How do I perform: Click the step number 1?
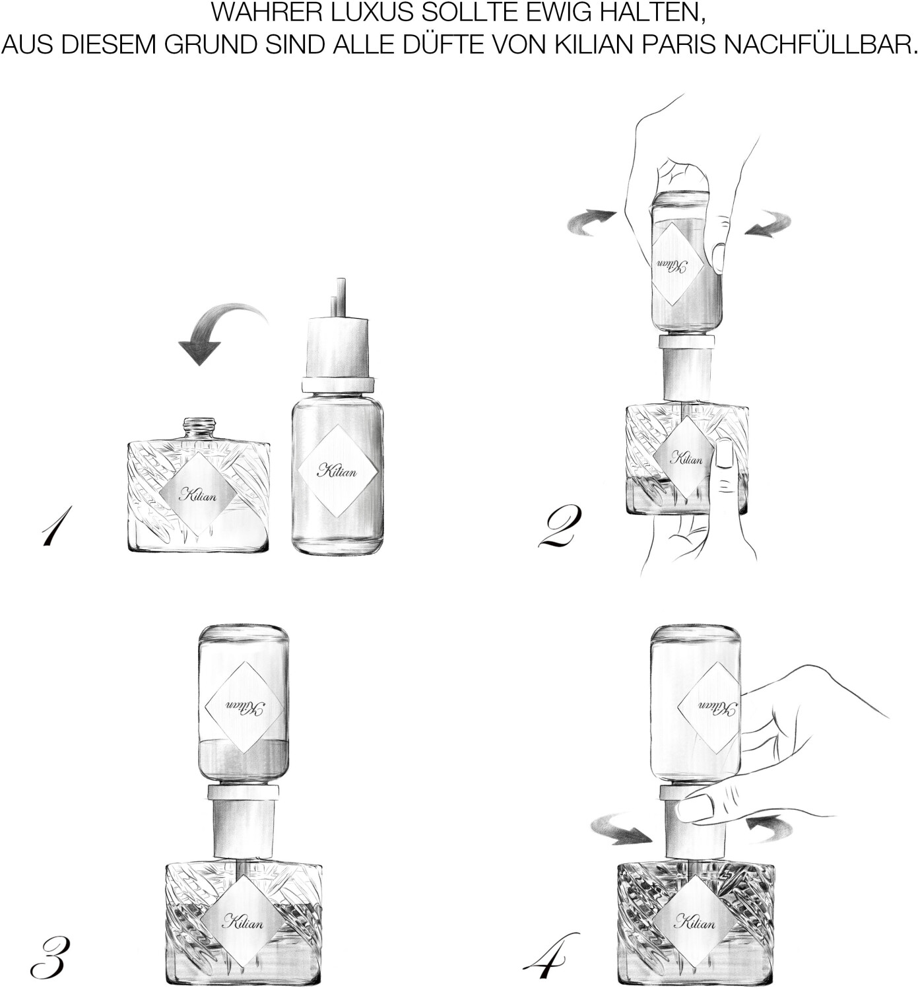pos(55,525)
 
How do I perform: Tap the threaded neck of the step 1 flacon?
pos(200,429)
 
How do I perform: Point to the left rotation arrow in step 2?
pos(591,222)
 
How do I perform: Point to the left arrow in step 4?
pos(621,830)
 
